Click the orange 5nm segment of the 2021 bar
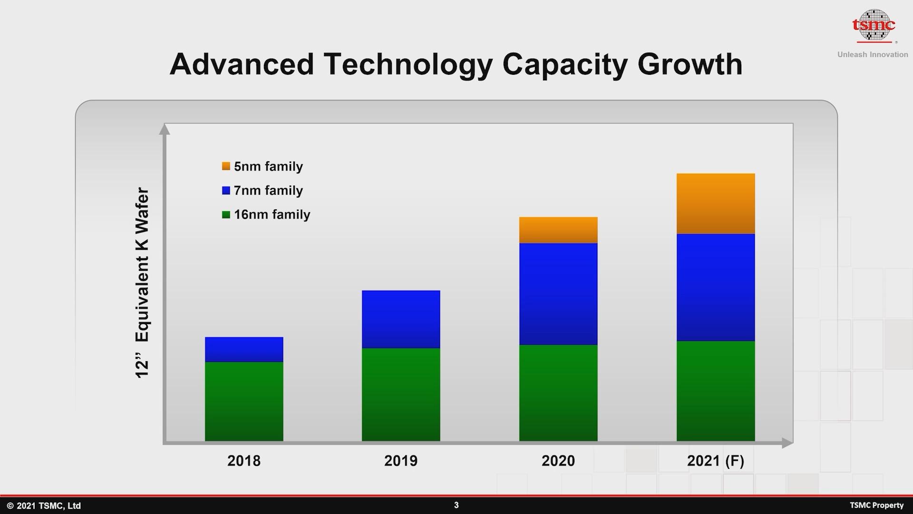[716, 204]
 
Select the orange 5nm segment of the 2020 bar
[558, 230]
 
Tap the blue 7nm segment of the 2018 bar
[244, 349]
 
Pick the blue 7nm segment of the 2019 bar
[401, 319]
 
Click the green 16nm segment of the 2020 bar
[558, 393]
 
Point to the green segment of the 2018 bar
[244, 401]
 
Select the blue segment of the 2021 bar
[716, 287]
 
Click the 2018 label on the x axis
[244, 461]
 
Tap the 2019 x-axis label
[401, 461]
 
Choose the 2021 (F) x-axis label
[716, 461]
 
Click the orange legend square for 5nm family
[226, 166]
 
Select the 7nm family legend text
[268, 190]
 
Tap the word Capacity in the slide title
[565, 64]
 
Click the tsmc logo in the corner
[874, 25]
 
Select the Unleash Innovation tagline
[873, 55]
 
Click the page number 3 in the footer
[456, 505]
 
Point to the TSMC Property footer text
[876, 505]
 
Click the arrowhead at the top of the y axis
[165, 128]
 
